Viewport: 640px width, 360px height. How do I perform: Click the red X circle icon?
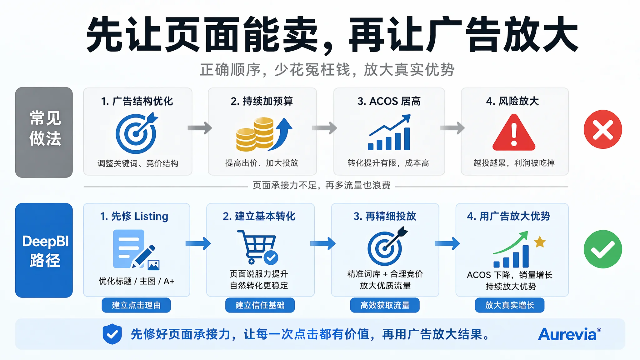pos(602,129)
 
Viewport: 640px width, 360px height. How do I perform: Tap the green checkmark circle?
pos(602,249)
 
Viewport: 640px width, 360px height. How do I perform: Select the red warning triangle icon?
pos(514,132)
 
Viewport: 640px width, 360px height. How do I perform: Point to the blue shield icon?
pos(112,334)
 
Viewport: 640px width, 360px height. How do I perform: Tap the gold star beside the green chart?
pos(540,242)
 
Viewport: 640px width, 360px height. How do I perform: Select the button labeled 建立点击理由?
pos(136,305)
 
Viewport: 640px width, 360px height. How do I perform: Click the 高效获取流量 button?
pos(385,305)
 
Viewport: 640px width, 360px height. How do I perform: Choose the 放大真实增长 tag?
pos(510,305)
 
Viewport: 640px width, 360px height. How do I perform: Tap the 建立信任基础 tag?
pos(260,305)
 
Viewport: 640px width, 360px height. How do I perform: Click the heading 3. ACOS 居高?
pos(389,101)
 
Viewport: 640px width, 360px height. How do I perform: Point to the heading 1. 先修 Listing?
pos(134,216)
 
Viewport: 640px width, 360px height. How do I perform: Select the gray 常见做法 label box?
pos(44,132)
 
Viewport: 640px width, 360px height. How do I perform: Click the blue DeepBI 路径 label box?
pos(44,250)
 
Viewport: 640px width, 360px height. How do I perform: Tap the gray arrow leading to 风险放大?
pos(452,127)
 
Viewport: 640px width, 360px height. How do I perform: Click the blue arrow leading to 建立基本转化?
pos(198,243)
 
